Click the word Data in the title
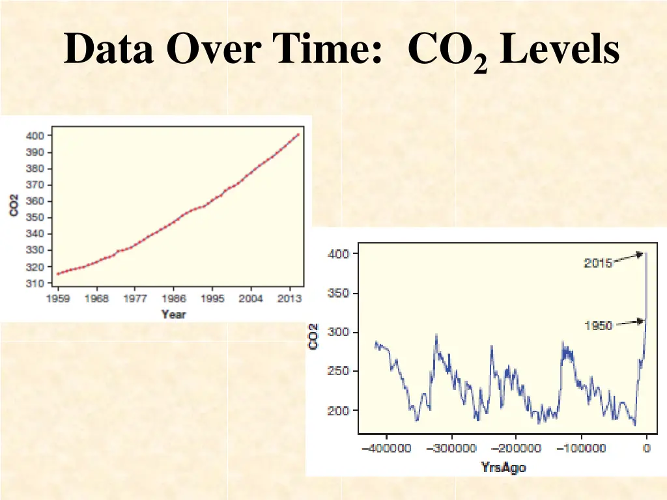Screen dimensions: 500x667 tap(108, 49)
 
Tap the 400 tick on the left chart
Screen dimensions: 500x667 tap(35, 136)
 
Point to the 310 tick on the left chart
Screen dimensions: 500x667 tap(35, 283)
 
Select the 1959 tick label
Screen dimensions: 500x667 tap(58, 299)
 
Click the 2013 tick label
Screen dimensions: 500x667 tap(289, 299)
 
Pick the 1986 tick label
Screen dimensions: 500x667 tap(173, 299)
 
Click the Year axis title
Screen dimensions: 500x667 tap(173, 314)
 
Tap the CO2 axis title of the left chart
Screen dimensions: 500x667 tap(14, 210)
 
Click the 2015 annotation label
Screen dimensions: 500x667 tap(597, 264)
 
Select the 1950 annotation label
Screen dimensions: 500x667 tap(597, 326)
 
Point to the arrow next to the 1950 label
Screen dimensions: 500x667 tap(629, 322)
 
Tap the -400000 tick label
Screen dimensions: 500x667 tap(386, 449)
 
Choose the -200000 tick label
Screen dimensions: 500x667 tap(515, 449)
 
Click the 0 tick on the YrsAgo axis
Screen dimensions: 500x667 tap(646, 449)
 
